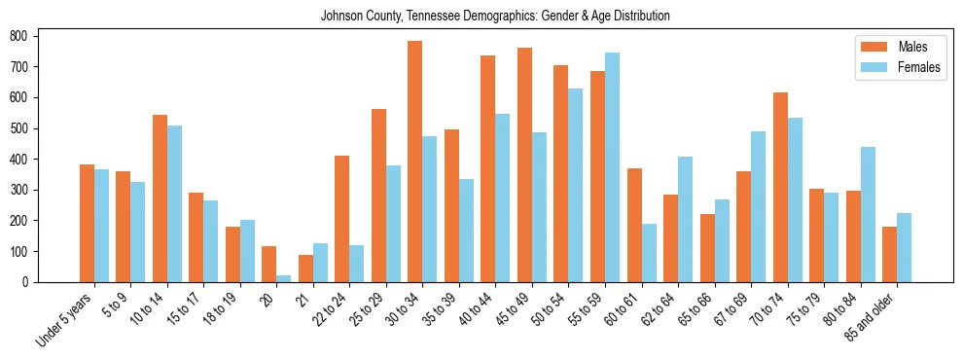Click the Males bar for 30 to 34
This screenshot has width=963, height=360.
point(414,162)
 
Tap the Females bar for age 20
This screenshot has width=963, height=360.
point(283,278)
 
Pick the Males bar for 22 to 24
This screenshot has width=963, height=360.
point(341,219)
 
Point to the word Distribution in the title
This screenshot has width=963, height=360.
point(641,16)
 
